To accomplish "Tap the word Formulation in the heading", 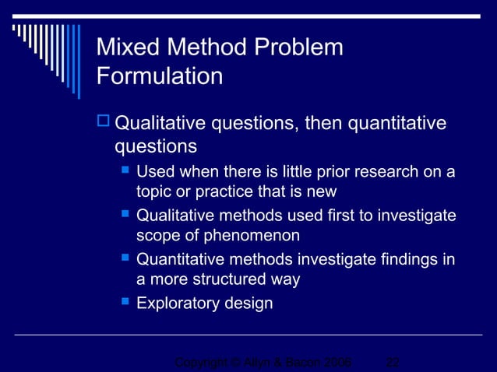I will [x=159, y=76].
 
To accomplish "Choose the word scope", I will [x=155, y=236].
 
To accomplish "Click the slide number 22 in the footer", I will [x=393, y=363].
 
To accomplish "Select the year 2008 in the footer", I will [x=336, y=363].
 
